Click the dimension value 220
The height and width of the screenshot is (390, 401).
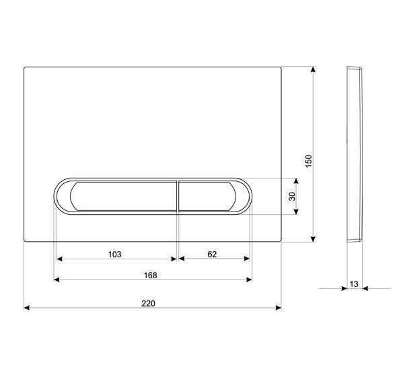(148, 304)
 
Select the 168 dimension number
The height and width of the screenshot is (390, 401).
(151, 275)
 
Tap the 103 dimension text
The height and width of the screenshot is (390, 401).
(114, 255)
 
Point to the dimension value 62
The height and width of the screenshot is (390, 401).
(212, 255)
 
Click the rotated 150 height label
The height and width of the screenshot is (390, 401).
(309, 161)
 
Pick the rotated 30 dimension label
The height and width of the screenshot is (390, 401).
(292, 196)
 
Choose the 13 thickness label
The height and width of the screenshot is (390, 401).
(354, 284)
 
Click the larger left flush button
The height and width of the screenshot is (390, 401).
(123, 196)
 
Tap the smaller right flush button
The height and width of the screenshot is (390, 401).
(207, 196)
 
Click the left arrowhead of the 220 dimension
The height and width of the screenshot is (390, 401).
(27, 308)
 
